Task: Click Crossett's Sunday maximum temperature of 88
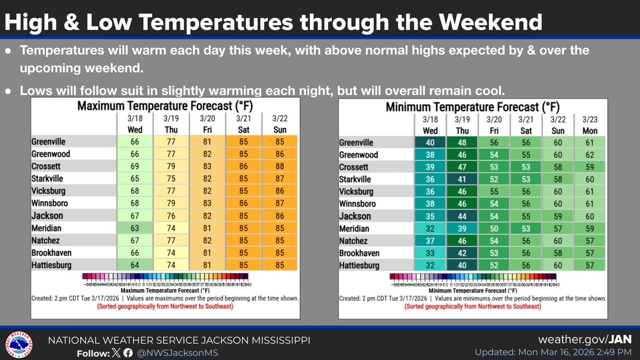click(x=279, y=166)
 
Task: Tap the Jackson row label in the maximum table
click(x=47, y=215)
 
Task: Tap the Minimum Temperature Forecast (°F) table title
click(x=473, y=106)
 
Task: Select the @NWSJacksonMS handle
click(x=176, y=353)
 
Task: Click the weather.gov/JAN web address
click(x=587, y=340)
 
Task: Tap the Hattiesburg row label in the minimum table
click(x=359, y=265)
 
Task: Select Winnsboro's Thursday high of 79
click(x=171, y=203)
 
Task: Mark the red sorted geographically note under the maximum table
click(x=165, y=307)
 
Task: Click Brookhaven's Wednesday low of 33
click(x=430, y=253)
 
